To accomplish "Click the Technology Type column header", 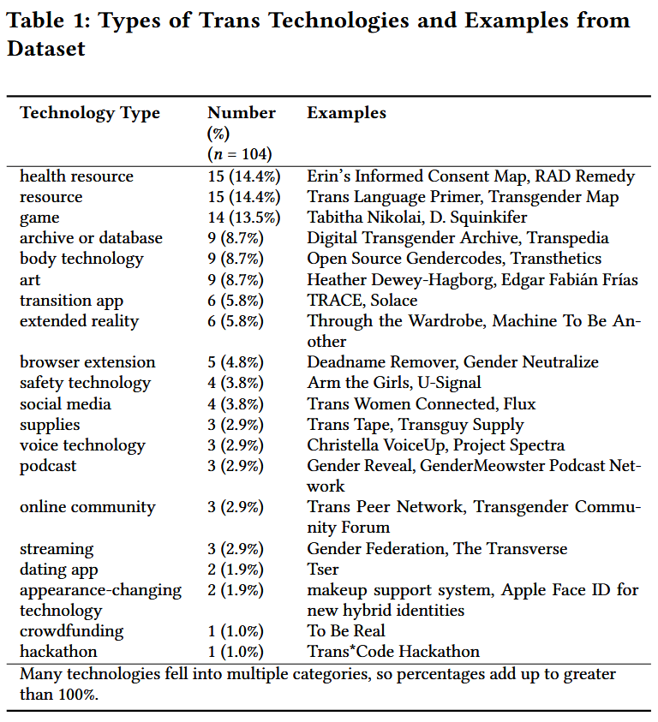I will tap(90, 113).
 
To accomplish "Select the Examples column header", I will tap(346, 113).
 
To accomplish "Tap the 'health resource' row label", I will tap(76, 176).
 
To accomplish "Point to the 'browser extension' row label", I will tap(87, 362).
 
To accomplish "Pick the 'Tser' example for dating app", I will tap(323, 570).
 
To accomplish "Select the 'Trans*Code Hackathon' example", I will tap(393, 652).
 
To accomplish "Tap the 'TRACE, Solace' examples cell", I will tap(362, 301).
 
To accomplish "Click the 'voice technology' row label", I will tap(82, 445).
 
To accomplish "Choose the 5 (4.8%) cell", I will tap(236, 362).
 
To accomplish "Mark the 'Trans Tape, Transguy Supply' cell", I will tap(415, 425).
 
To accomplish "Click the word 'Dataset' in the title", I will tap(46, 49).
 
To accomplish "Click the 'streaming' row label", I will tap(57, 549).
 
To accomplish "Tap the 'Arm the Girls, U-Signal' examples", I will tap(394, 383).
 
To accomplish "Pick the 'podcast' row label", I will tap(48, 466).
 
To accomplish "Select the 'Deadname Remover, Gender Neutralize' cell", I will tap(452, 362).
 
